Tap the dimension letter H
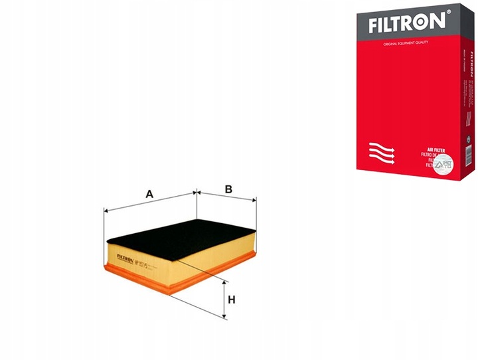pos(232,300)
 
